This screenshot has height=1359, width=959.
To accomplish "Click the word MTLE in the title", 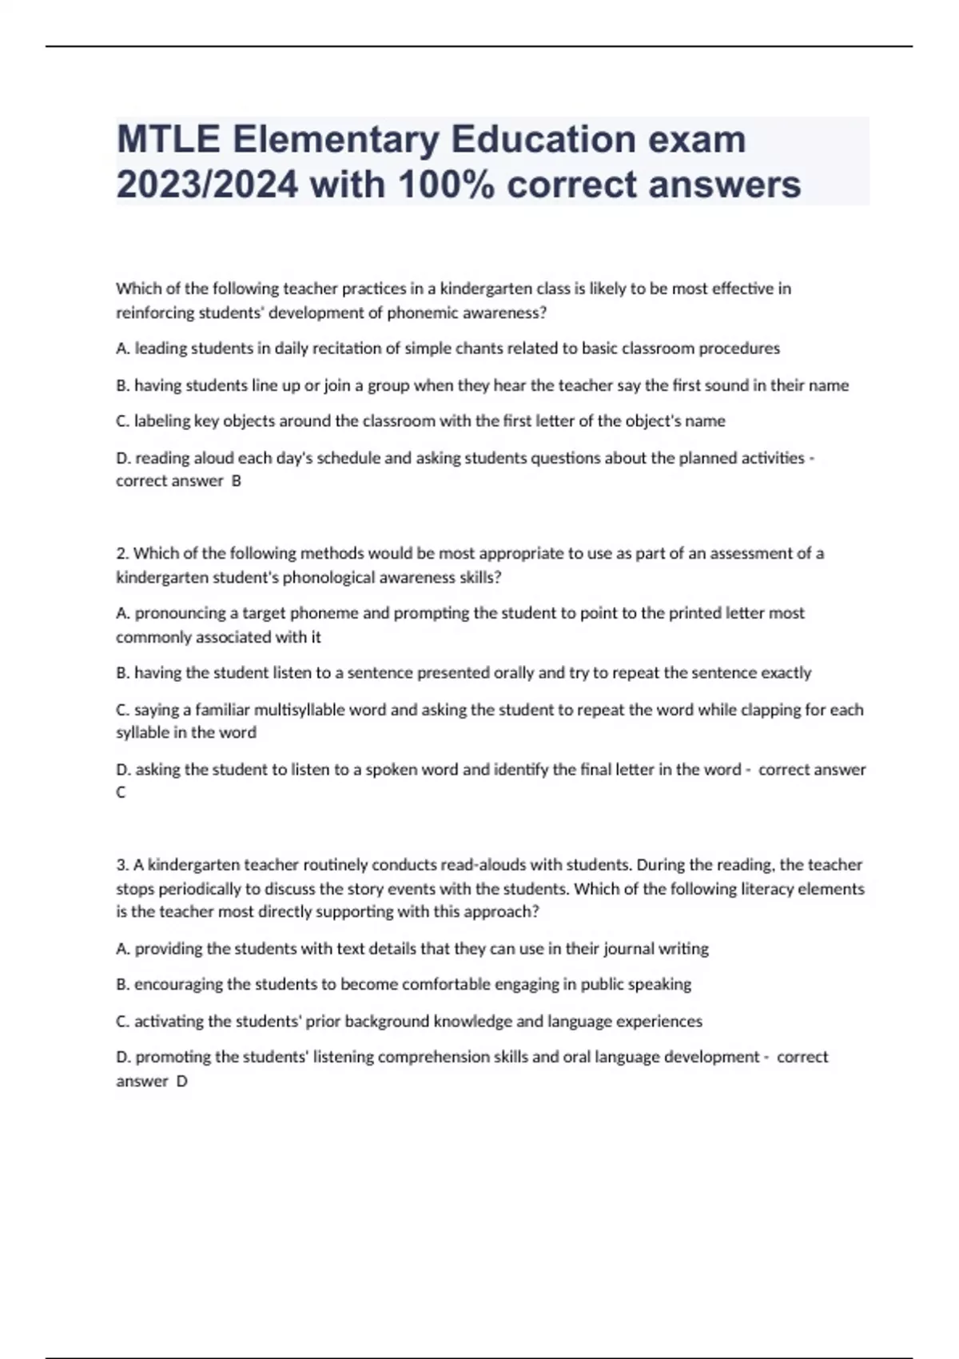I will click(x=168, y=139).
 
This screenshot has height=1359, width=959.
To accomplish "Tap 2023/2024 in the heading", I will click(x=207, y=185).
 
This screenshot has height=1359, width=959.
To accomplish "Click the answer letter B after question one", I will click(x=236, y=480).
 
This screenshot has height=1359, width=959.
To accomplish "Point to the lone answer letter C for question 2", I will click(x=121, y=792).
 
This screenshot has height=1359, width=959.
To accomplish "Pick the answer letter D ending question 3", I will click(x=181, y=1081).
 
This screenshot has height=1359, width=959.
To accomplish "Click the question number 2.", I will click(x=121, y=553).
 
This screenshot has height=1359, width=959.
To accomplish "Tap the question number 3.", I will click(x=121, y=864).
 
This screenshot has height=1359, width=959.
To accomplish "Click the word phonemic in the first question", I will click(x=420, y=313).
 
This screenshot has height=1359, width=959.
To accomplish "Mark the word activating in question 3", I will click(x=167, y=1021).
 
